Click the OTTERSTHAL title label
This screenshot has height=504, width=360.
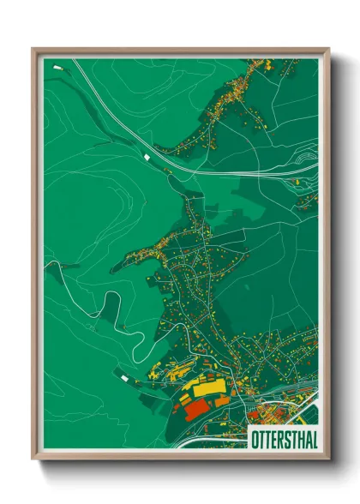tap(281, 436)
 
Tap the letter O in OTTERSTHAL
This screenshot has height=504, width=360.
tap(253, 436)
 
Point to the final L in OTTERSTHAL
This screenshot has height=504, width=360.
tap(309, 436)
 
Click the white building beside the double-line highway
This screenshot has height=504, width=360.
tap(147, 157)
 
